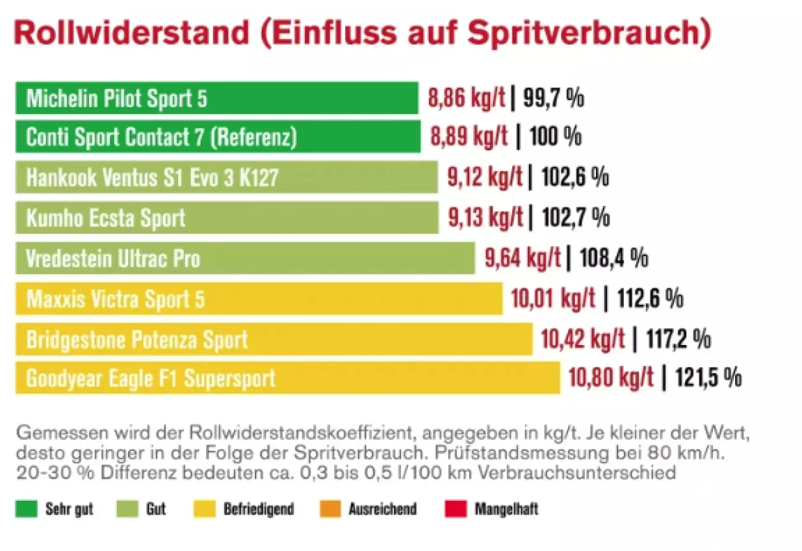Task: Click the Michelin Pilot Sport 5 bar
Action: [x=217, y=98]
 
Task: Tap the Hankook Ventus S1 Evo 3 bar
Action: [x=226, y=178]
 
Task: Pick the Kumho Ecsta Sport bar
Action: [x=226, y=218]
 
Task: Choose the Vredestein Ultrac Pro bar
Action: [x=245, y=258]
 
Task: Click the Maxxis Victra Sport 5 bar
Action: [x=259, y=299]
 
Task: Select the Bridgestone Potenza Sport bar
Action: [x=274, y=339]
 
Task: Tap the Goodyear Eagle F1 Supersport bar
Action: [x=288, y=378]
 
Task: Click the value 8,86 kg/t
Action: [x=467, y=98]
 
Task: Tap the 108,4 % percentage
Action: [x=614, y=258]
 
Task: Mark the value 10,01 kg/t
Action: [x=553, y=299]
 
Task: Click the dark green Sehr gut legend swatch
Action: [x=27, y=509]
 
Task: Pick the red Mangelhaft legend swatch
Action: [x=455, y=509]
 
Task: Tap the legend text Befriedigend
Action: [x=259, y=510]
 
